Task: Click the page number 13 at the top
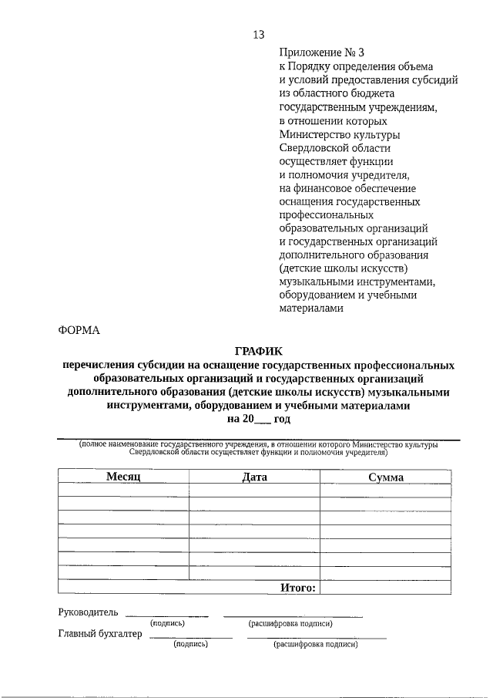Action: (258, 35)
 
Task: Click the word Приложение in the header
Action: (310, 52)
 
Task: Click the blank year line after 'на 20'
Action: (263, 420)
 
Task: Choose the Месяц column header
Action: (122, 477)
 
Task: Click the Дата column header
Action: (254, 477)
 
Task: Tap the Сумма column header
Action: (385, 477)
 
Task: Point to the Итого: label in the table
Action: (297, 588)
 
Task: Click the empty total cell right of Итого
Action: (385, 588)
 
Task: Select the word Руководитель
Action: (89, 613)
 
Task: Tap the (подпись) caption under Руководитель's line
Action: (166, 623)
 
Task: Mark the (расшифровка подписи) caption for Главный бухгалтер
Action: (316, 644)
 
